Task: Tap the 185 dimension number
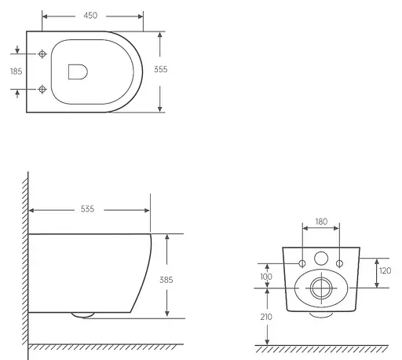(15, 71)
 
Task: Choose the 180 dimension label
(320, 222)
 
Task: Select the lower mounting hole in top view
(42, 89)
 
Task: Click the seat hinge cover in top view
(77, 71)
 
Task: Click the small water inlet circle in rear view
(320, 258)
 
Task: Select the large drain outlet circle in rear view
(320, 288)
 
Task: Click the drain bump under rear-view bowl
(320, 314)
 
